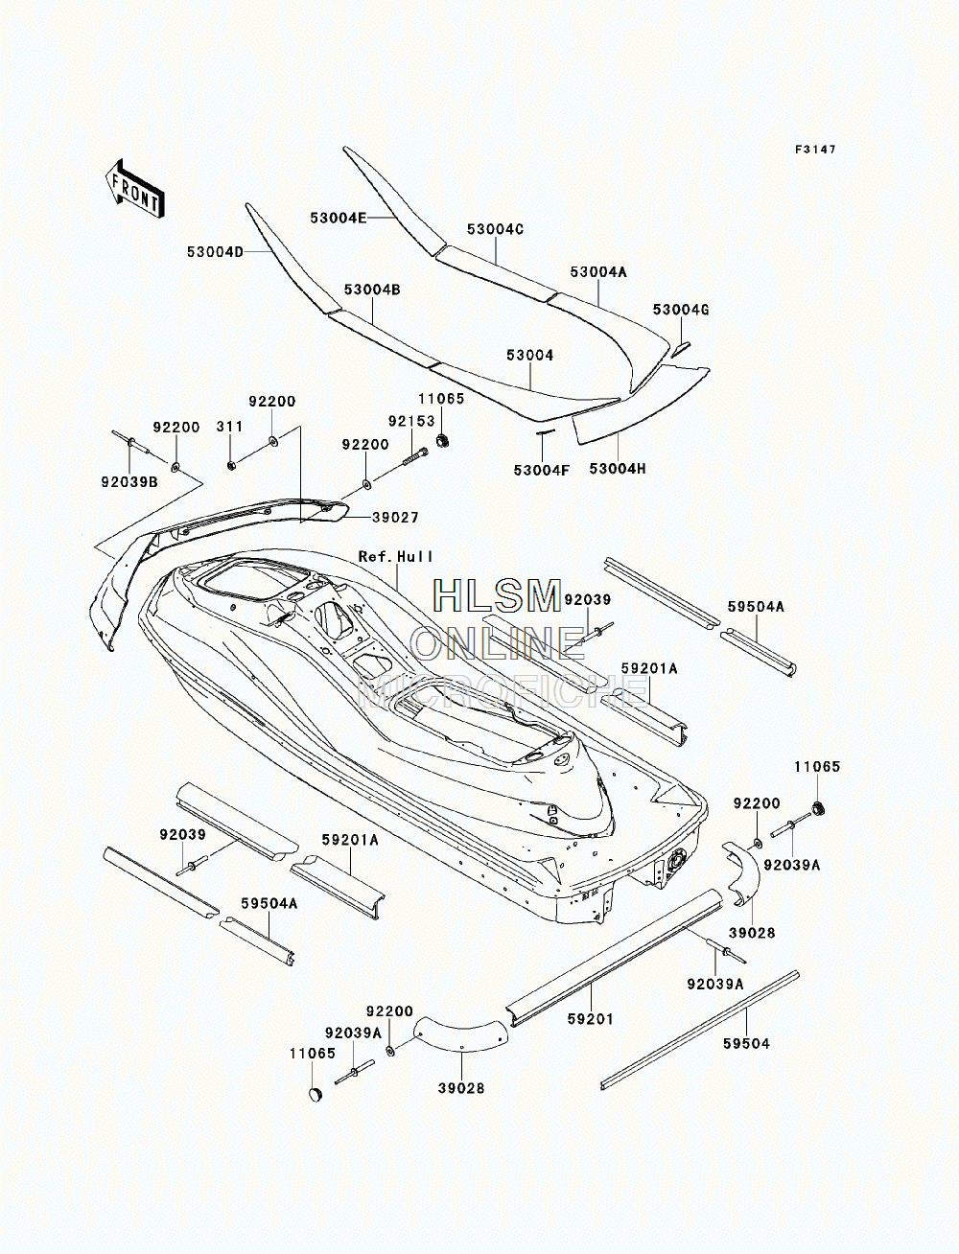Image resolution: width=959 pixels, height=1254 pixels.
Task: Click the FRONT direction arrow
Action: coord(135,188)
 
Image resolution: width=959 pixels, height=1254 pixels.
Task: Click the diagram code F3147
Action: coord(815,150)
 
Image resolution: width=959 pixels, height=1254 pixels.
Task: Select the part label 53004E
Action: coord(339,218)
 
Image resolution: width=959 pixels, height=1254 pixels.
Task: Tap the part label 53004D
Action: coord(216,251)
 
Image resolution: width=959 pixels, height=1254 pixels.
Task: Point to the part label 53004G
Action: coord(681,310)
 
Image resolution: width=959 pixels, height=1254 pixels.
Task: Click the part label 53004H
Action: coord(618,469)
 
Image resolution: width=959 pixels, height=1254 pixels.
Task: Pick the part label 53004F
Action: coord(542,470)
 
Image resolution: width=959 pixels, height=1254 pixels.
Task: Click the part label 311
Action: coord(230,427)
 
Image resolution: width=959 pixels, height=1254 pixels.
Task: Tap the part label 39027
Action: coord(395,518)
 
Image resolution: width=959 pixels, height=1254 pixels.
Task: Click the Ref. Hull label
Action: coord(396,556)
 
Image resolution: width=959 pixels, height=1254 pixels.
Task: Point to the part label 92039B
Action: coord(129,482)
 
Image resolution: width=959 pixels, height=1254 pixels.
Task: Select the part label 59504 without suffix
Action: coord(746,1044)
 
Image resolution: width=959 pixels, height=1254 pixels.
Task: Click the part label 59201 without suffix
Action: coord(591,1019)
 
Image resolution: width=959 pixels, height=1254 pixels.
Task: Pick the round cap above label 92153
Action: coord(441,440)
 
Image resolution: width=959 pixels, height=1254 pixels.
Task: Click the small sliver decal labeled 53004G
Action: coord(681,348)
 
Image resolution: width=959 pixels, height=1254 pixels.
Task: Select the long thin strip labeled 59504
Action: coord(700,1031)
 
